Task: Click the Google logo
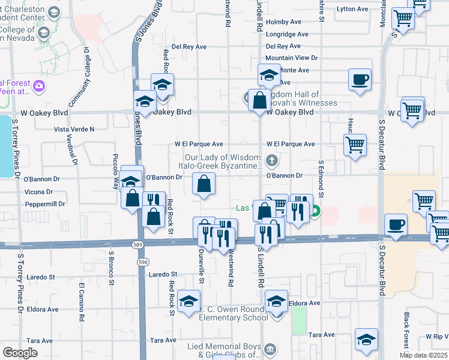(x=20, y=353)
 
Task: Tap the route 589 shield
(x=137, y=244)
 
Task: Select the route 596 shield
(x=142, y=262)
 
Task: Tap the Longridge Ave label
(x=287, y=34)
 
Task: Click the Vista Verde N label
(x=74, y=129)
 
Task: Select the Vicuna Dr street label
(x=38, y=192)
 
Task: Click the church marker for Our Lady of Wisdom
(x=272, y=160)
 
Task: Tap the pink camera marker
(x=40, y=86)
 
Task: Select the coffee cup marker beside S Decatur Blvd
(x=396, y=226)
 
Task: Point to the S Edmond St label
(x=321, y=179)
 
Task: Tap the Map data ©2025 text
(x=423, y=355)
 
